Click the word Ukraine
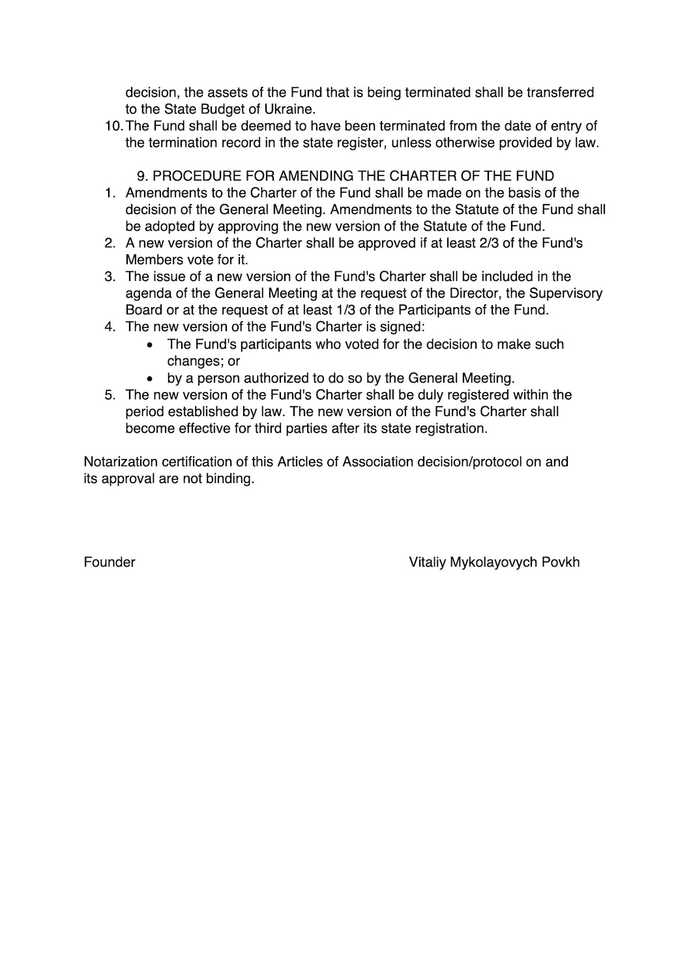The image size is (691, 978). tap(290, 110)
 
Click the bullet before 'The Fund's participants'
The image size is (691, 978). tap(151, 345)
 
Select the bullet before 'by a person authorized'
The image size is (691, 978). tap(151, 378)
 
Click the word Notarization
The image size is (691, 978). tap(121, 462)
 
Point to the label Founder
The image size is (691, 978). tap(110, 562)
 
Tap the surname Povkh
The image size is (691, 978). tap(561, 562)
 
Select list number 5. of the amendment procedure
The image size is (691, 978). tap(110, 395)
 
